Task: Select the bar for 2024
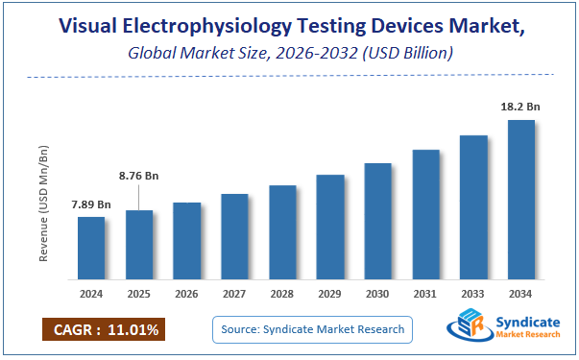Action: pos(91,246)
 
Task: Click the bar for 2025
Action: pos(139,243)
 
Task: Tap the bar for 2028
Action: pos(282,230)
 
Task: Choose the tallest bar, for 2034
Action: pos(521,198)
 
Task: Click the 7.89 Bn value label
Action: pos(91,204)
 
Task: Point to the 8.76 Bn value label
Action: pos(139,176)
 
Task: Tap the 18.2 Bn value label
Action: pos(521,108)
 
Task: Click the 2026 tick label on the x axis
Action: pos(187,293)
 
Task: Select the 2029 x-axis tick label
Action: pos(330,293)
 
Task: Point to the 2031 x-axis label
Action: pos(425,293)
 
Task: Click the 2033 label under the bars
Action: pos(473,293)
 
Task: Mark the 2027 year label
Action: pos(235,293)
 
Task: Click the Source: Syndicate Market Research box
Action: pos(312,330)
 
